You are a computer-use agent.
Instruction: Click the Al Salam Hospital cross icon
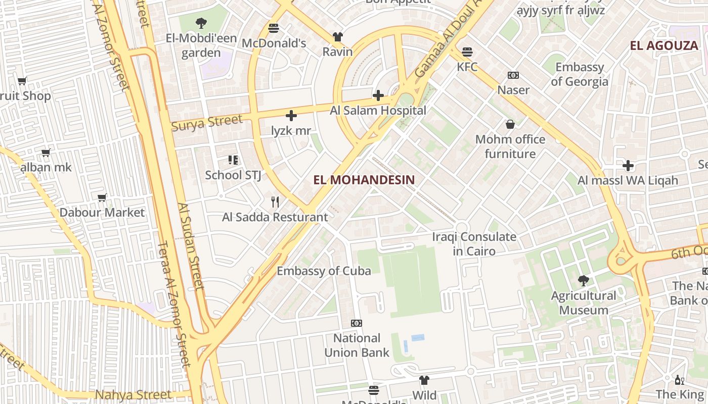pyautogui.click(x=378, y=95)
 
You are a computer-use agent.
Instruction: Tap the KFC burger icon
pyautogui.click(x=467, y=52)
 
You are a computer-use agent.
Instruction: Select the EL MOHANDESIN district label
pyautogui.click(x=364, y=180)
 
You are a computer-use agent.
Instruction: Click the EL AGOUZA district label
pyautogui.click(x=663, y=46)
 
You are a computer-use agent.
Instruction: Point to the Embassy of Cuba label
pyautogui.click(x=324, y=271)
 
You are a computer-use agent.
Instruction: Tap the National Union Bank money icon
pyautogui.click(x=357, y=323)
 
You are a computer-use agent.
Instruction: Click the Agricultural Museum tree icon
pyautogui.click(x=584, y=280)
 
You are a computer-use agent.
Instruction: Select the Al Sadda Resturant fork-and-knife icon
pyautogui.click(x=275, y=202)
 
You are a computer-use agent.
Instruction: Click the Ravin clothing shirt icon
pyautogui.click(x=337, y=37)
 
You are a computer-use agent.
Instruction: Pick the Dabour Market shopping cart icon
pyautogui.click(x=102, y=197)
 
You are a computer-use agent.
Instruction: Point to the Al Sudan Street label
pyautogui.click(x=191, y=246)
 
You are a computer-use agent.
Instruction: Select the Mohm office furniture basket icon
pyautogui.click(x=510, y=124)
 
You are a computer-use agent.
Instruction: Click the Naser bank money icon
pyautogui.click(x=513, y=75)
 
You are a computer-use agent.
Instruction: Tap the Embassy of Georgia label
pyautogui.click(x=580, y=74)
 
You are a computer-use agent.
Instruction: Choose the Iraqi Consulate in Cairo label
pyautogui.click(x=474, y=243)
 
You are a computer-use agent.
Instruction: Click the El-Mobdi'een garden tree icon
pyautogui.click(x=201, y=23)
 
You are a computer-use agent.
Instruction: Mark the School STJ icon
pyautogui.click(x=233, y=160)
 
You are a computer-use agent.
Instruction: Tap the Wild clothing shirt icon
pyautogui.click(x=424, y=380)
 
